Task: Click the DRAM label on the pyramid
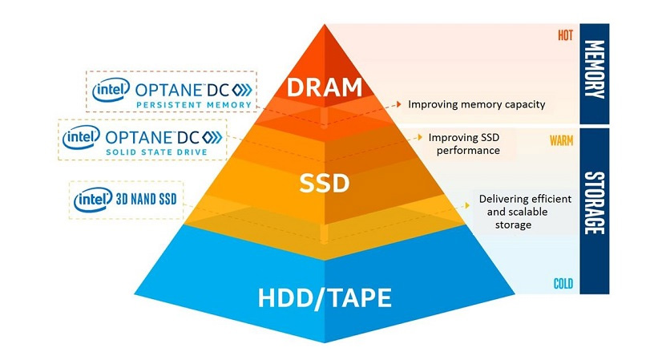point(325,87)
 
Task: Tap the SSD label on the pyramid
point(325,183)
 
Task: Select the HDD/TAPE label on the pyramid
point(325,298)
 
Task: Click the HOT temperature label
point(565,35)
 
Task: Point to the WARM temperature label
point(561,140)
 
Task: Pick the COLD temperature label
point(563,284)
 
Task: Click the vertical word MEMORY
point(595,69)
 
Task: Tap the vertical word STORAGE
point(595,203)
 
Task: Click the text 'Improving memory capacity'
point(477,104)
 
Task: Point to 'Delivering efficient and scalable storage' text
point(525,212)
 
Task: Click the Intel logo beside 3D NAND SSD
point(93,200)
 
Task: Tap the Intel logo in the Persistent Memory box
point(111,90)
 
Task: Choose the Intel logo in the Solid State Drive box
point(81,137)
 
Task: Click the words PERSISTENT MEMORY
point(194,104)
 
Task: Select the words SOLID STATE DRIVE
point(156,152)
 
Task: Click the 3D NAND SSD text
point(146,199)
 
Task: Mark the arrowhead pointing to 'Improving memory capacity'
point(399,103)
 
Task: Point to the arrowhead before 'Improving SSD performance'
point(420,137)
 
